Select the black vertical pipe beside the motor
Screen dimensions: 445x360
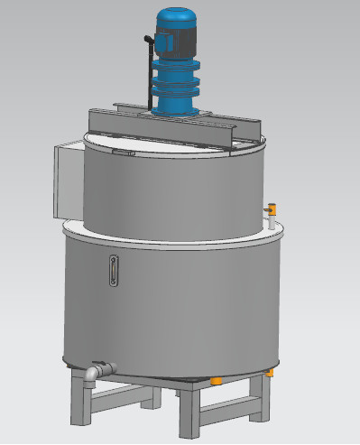(146, 72)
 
